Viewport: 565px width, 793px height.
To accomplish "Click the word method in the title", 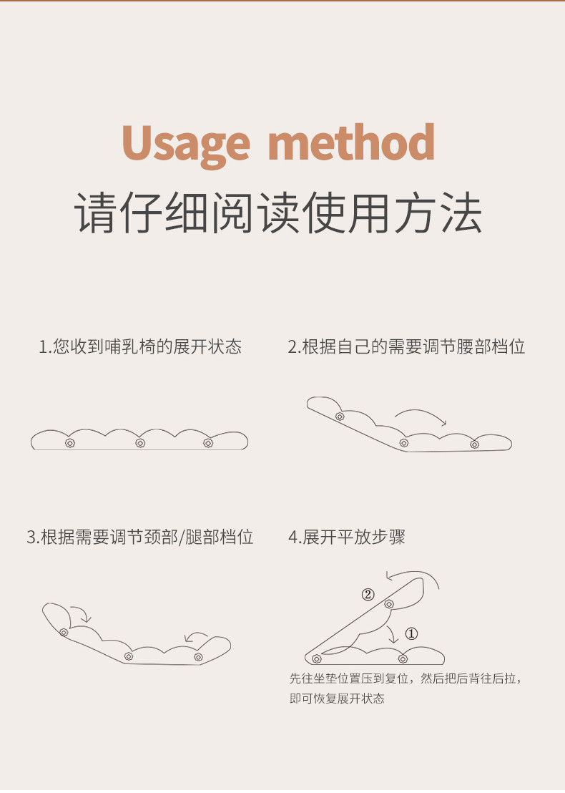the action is [351, 142].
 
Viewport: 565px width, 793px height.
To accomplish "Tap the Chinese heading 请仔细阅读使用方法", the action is [278, 213].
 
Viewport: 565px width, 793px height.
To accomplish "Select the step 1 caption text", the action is [140, 347].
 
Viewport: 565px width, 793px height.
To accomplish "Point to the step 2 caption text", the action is [406, 347].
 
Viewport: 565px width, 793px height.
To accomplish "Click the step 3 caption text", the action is [140, 537].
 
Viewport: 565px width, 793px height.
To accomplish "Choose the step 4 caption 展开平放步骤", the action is [347, 537].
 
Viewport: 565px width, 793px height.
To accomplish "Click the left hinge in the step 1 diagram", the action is [70, 443].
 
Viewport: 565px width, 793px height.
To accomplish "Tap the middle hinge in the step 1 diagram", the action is [140, 443].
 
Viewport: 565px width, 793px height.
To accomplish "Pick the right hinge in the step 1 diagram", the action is [207, 443].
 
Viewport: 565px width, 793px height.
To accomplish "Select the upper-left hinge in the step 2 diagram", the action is [340, 417].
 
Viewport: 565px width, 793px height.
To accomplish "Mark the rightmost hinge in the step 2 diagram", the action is [475, 444].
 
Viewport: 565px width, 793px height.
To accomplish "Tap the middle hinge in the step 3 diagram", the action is [129, 656].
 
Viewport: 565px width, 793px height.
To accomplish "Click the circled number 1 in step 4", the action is [411, 633].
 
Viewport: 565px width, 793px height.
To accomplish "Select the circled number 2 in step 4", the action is [368, 595].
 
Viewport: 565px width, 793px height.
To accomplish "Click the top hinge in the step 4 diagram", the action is [389, 604].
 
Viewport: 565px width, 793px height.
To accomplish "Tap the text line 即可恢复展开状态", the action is [337, 699].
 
